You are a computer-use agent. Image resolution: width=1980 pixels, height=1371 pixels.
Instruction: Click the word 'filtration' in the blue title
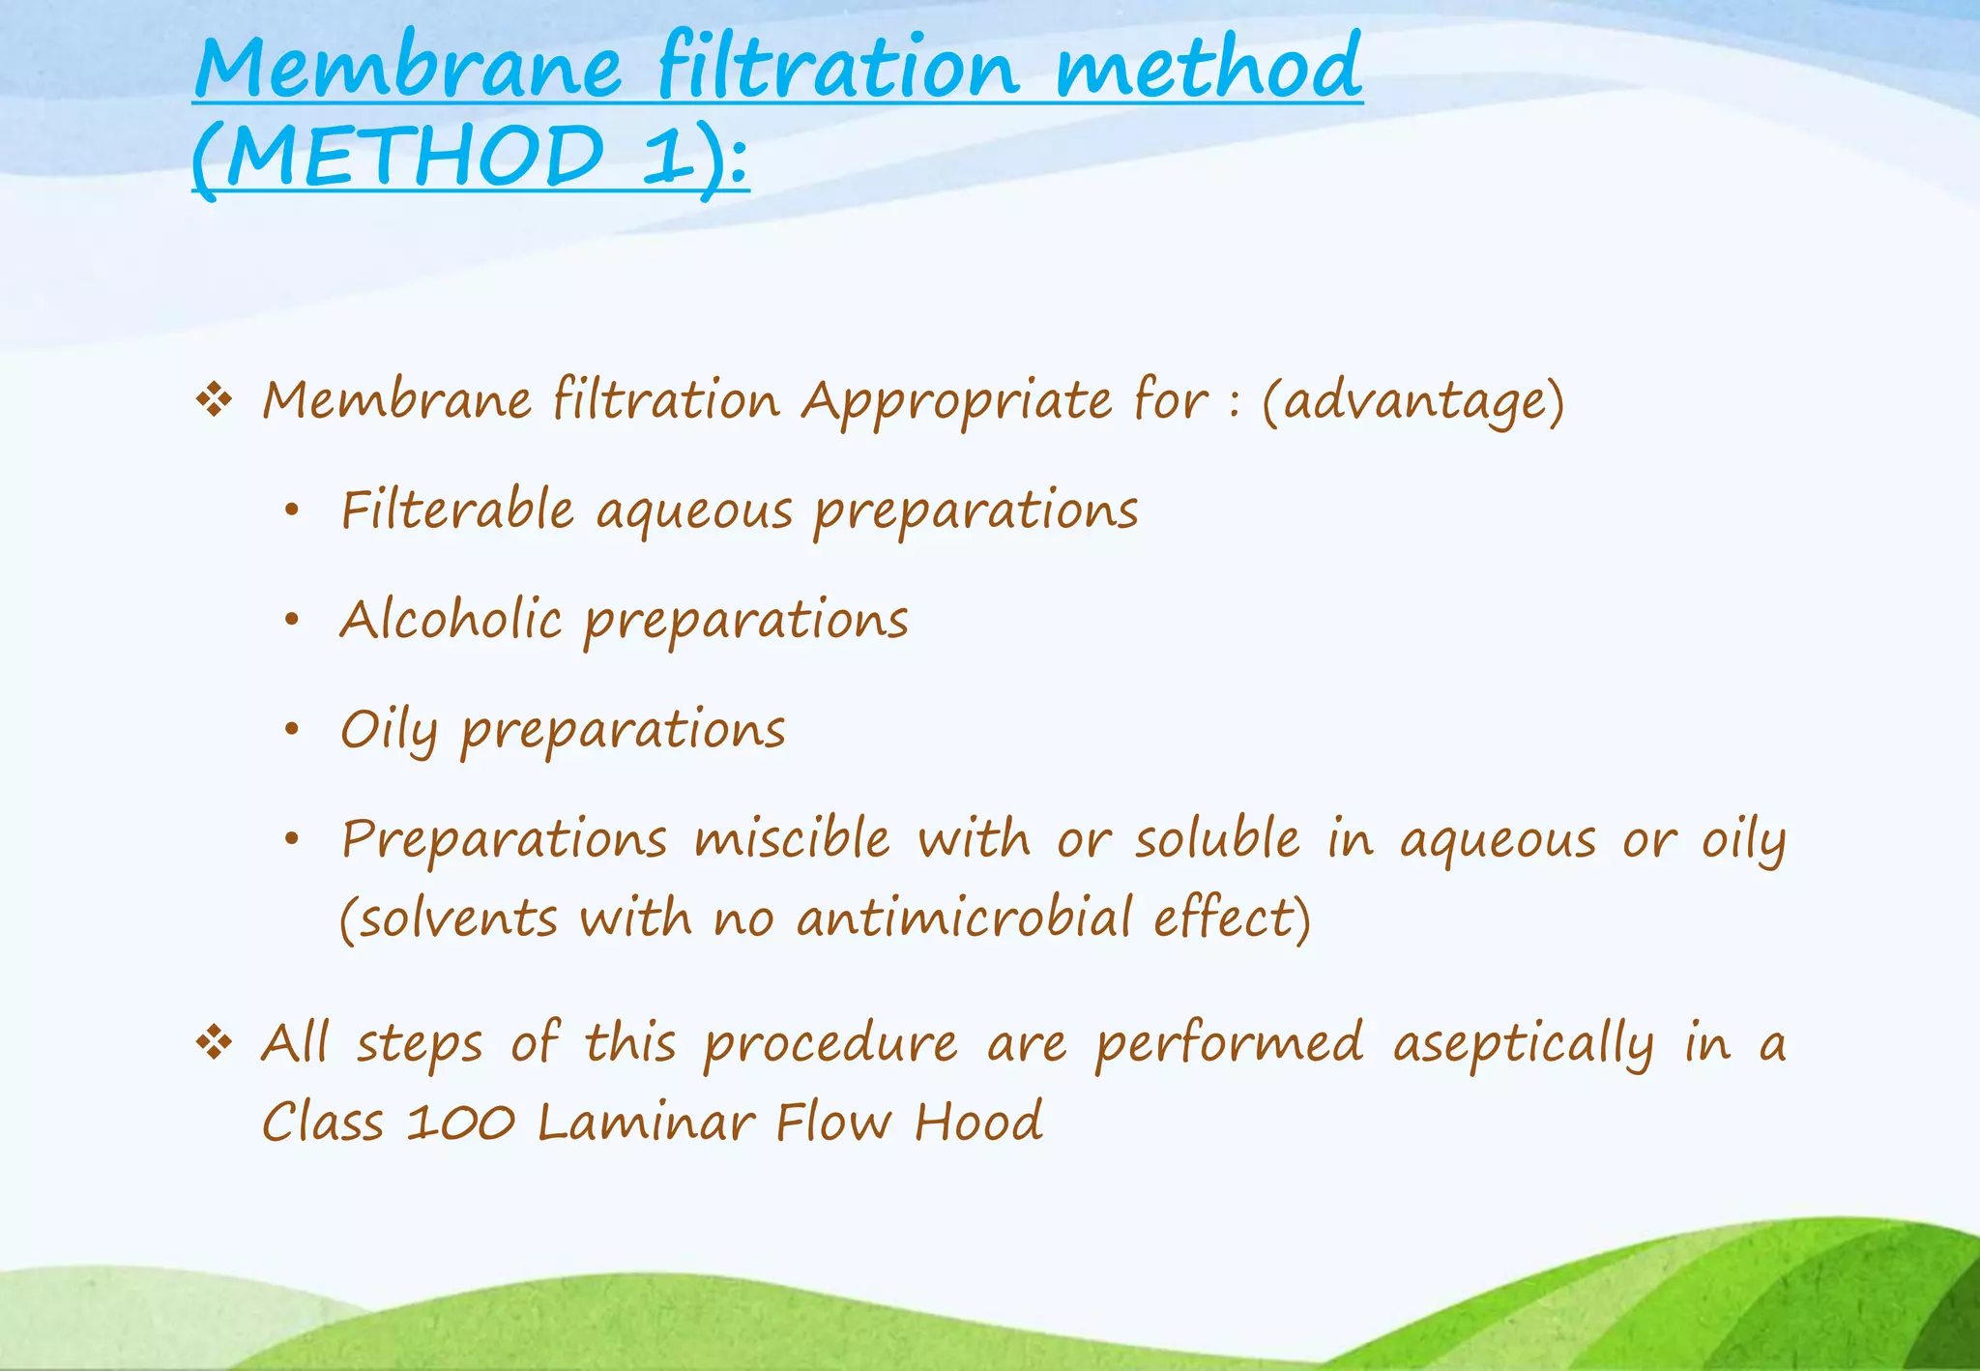coord(837,68)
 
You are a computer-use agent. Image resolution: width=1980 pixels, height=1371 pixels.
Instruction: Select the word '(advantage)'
coord(1412,401)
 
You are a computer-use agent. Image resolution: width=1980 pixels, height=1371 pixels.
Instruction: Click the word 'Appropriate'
coord(956,401)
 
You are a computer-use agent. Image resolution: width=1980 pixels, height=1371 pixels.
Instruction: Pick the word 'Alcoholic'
coord(451,619)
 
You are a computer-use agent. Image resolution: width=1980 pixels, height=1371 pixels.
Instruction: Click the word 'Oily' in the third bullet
coord(389,730)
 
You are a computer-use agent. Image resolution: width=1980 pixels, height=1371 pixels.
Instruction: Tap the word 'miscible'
coord(792,838)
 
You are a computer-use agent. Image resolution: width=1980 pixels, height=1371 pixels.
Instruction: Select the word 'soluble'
coord(1217,838)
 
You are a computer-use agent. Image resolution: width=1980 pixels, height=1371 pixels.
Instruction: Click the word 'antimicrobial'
coord(964,918)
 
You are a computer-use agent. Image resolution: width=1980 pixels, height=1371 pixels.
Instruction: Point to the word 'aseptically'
coord(1524,1045)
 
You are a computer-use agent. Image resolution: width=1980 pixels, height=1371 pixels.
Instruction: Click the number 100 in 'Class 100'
coord(459,1123)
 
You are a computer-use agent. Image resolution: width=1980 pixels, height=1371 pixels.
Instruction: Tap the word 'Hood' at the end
coord(978,1123)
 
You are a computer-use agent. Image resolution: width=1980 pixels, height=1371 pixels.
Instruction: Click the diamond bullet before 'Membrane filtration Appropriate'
coord(214,399)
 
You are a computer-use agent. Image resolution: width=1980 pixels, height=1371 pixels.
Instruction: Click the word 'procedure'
coord(830,1045)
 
